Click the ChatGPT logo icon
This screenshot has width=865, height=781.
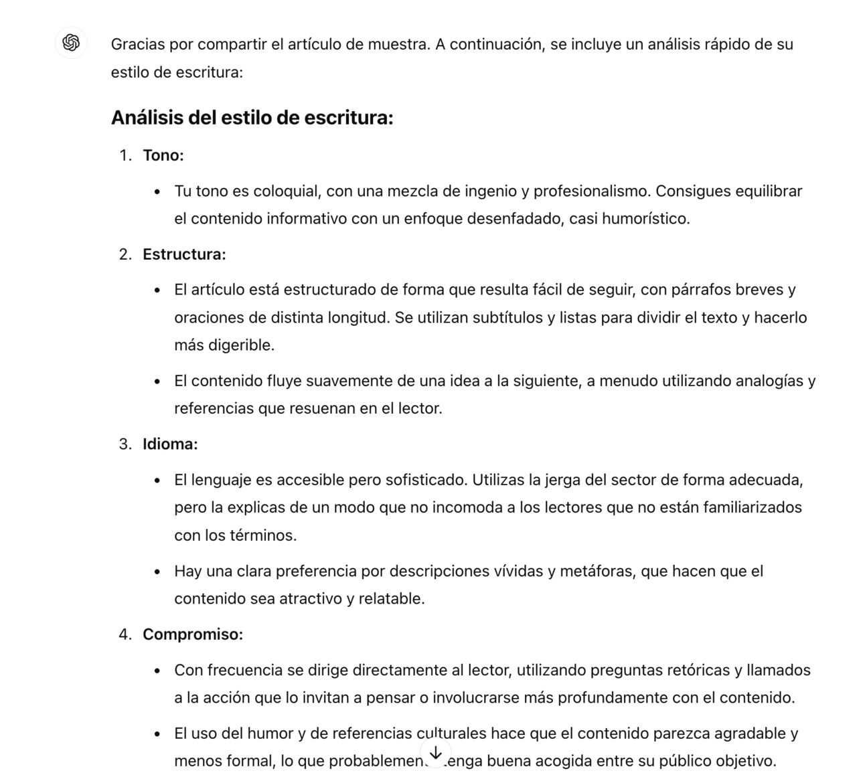(x=71, y=43)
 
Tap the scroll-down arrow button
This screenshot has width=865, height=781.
(x=435, y=753)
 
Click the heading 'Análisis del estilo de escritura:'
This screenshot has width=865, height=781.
(x=252, y=118)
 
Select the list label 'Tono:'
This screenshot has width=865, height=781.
(x=163, y=155)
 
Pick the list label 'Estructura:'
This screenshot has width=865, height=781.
(x=184, y=254)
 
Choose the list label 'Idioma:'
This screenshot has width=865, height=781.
(x=170, y=444)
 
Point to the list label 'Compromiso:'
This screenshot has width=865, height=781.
(x=193, y=634)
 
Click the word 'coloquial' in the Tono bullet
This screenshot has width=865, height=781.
(x=285, y=191)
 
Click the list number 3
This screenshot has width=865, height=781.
(x=125, y=444)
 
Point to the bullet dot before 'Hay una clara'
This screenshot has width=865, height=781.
(x=157, y=572)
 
